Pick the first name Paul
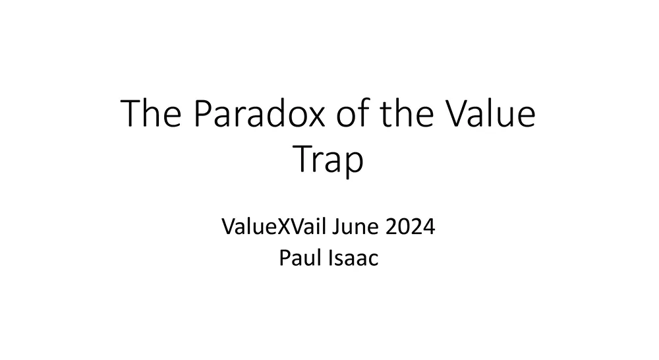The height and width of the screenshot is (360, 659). click(298, 258)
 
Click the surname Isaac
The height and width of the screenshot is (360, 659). click(354, 258)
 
